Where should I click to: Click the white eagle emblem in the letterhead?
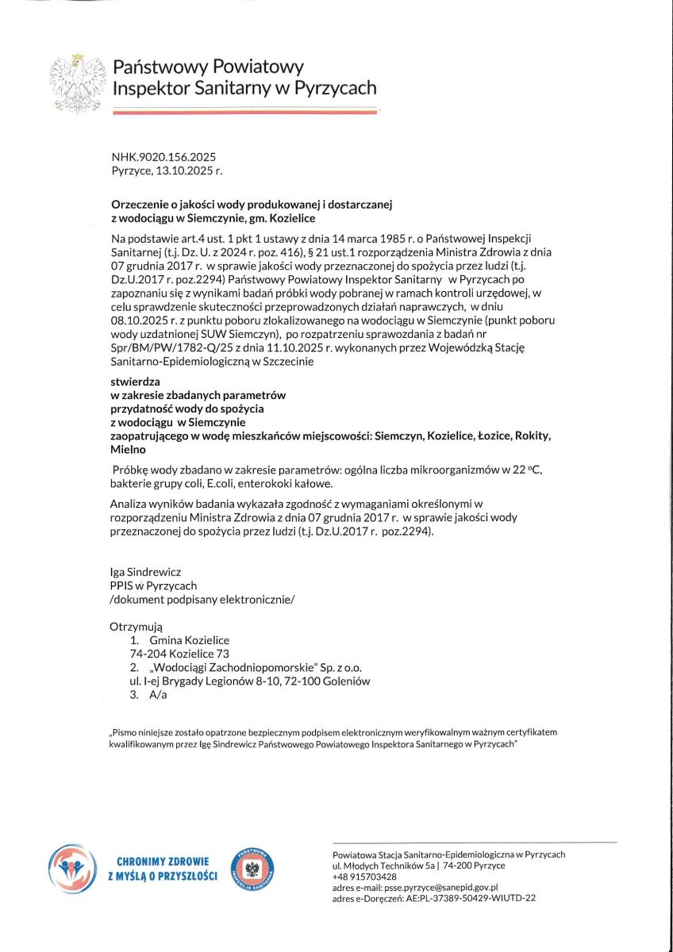click(78, 82)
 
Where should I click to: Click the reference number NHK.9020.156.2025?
click(163, 157)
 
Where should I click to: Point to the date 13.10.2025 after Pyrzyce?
click(190, 170)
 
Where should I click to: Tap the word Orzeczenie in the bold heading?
click(138, 205)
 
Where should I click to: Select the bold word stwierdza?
click(134, 382)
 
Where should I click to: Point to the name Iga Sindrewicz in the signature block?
click(146, 572)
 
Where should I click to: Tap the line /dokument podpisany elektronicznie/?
click(202, 599)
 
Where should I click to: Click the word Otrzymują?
click(136, 627)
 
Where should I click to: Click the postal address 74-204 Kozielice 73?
click(179, 654)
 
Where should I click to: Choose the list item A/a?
click(158, 695)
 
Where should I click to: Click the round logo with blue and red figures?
click(71, 869)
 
